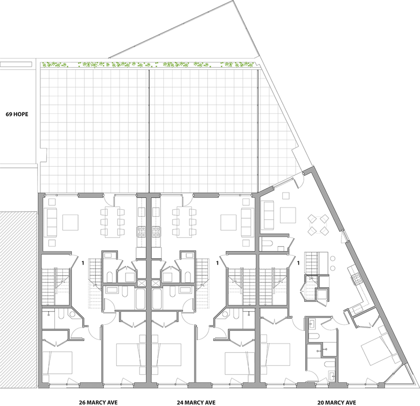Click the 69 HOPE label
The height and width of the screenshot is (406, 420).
(17, 114)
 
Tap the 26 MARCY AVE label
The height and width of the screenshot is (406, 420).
(98, 402)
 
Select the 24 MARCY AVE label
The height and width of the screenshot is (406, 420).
(196, 402)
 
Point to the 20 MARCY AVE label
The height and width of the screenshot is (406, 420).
(337, 402)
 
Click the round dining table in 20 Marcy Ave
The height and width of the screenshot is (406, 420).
(318, 225)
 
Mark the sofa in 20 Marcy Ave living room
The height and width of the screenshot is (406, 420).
(269, 215)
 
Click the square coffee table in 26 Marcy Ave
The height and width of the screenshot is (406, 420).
(71, 223)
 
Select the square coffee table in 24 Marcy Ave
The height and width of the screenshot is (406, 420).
(228, 223)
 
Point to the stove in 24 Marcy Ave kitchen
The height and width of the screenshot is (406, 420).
(157, 232)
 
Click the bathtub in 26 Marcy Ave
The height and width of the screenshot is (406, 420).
(141, 299)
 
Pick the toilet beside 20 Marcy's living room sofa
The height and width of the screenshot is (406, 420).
(267, 244)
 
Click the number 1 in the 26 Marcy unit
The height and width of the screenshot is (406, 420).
(83, 263)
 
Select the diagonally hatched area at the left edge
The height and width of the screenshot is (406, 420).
(18, 299)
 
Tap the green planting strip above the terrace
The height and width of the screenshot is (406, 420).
(148, 65)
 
